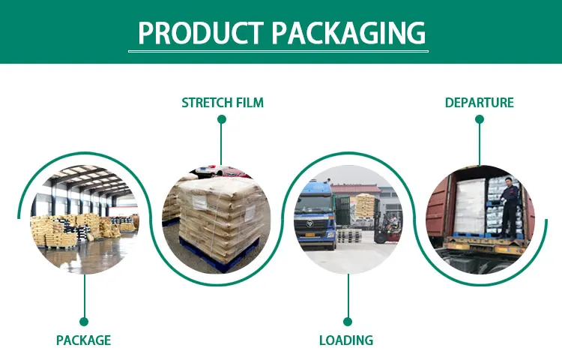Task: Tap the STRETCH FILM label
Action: click(223, 102)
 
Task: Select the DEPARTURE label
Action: click(480, 102)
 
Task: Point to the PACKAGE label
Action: click(83, 340)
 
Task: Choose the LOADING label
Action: click(346, 340)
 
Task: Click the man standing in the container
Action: click(509, 206)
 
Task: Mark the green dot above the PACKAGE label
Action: click(84, 322)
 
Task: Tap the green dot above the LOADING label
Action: click(346, 322)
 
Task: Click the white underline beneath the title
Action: click(278, 51)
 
